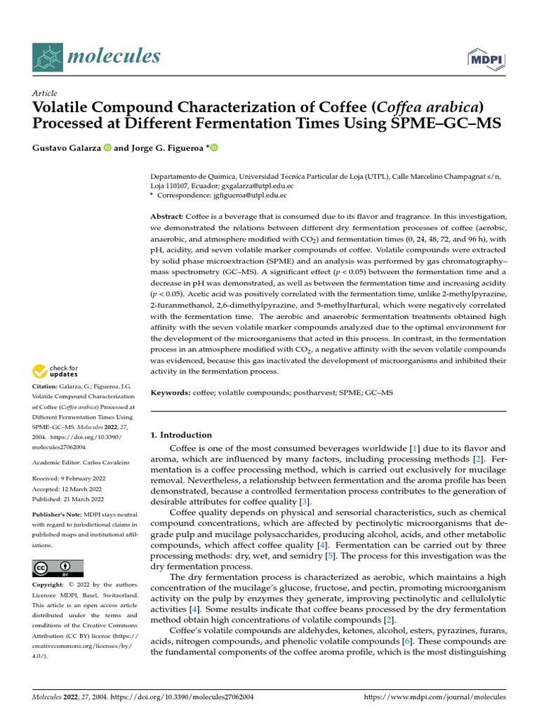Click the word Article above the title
tap(45, 93)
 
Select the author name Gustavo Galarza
tap(67, 148)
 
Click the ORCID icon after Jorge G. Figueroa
tap(213, 148)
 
